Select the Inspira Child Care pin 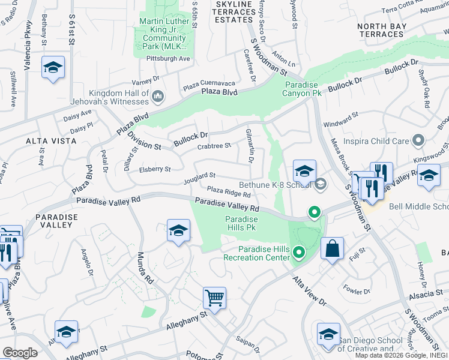click(419, 141)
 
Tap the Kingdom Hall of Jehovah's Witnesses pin click(158, 97)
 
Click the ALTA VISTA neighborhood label click(51, 140)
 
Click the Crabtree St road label click(214, 146)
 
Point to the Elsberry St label click(155, 170)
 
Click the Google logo click(20, 353)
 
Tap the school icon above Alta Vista click(53, 68)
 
